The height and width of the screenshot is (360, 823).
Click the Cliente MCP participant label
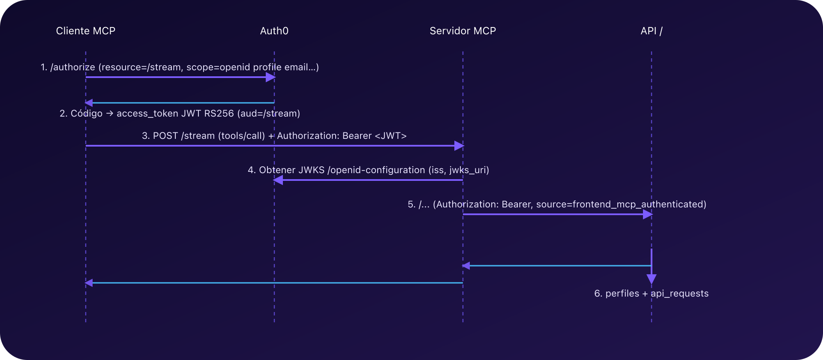coord(86,31)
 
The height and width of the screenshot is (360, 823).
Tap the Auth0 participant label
coord(274,31)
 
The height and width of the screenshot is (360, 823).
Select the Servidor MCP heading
coord(463,31)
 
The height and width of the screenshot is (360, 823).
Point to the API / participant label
coord(651,31)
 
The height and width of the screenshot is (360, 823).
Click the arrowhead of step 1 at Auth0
coord(270,77)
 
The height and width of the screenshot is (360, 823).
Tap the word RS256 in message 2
coord(219,114)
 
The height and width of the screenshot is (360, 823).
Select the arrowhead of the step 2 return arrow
coord(89,103)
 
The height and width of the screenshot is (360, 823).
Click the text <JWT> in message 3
coord(390,136)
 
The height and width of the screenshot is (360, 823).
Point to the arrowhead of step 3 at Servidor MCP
coord(459,146)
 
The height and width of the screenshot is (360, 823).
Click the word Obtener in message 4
coord(277,170)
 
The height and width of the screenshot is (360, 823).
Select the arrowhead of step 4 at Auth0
coord(278,180)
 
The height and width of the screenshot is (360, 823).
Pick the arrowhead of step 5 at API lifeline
coord(648,214)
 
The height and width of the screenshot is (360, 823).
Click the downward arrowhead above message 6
coord(652,279)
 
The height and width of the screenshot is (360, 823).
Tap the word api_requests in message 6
coord(679,294)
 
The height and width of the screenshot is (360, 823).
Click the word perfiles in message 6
coord(622,294)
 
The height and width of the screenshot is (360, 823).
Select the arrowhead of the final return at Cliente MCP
coord(89,283)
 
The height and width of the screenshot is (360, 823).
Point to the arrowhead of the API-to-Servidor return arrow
coord(466,266)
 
